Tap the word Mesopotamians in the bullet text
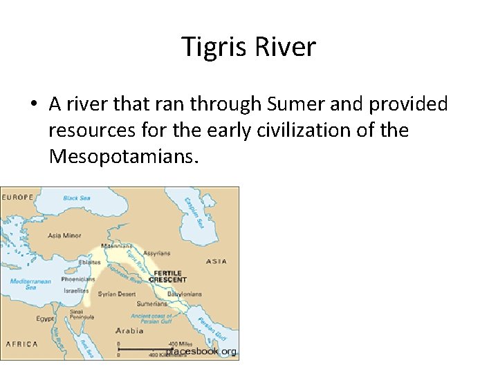(124, 157)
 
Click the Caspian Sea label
(193, 212)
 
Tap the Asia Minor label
(64, 236)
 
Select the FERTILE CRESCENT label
(169, 276)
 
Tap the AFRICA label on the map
(21, 344)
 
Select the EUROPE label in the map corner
(18, 198)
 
